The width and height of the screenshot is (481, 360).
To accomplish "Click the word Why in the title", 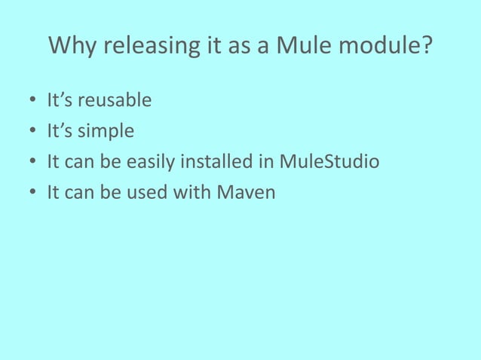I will click(73, 47).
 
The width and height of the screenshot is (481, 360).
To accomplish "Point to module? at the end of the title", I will click(388, 47).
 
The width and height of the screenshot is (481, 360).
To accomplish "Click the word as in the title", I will click(240, 47).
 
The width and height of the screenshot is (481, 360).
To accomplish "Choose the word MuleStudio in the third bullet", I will click(329, 163).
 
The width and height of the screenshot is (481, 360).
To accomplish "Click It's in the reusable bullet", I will click(60, 100).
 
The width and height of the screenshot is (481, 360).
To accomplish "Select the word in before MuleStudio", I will click(268, 163).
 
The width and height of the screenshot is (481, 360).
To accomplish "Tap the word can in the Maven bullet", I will click(80, 194).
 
